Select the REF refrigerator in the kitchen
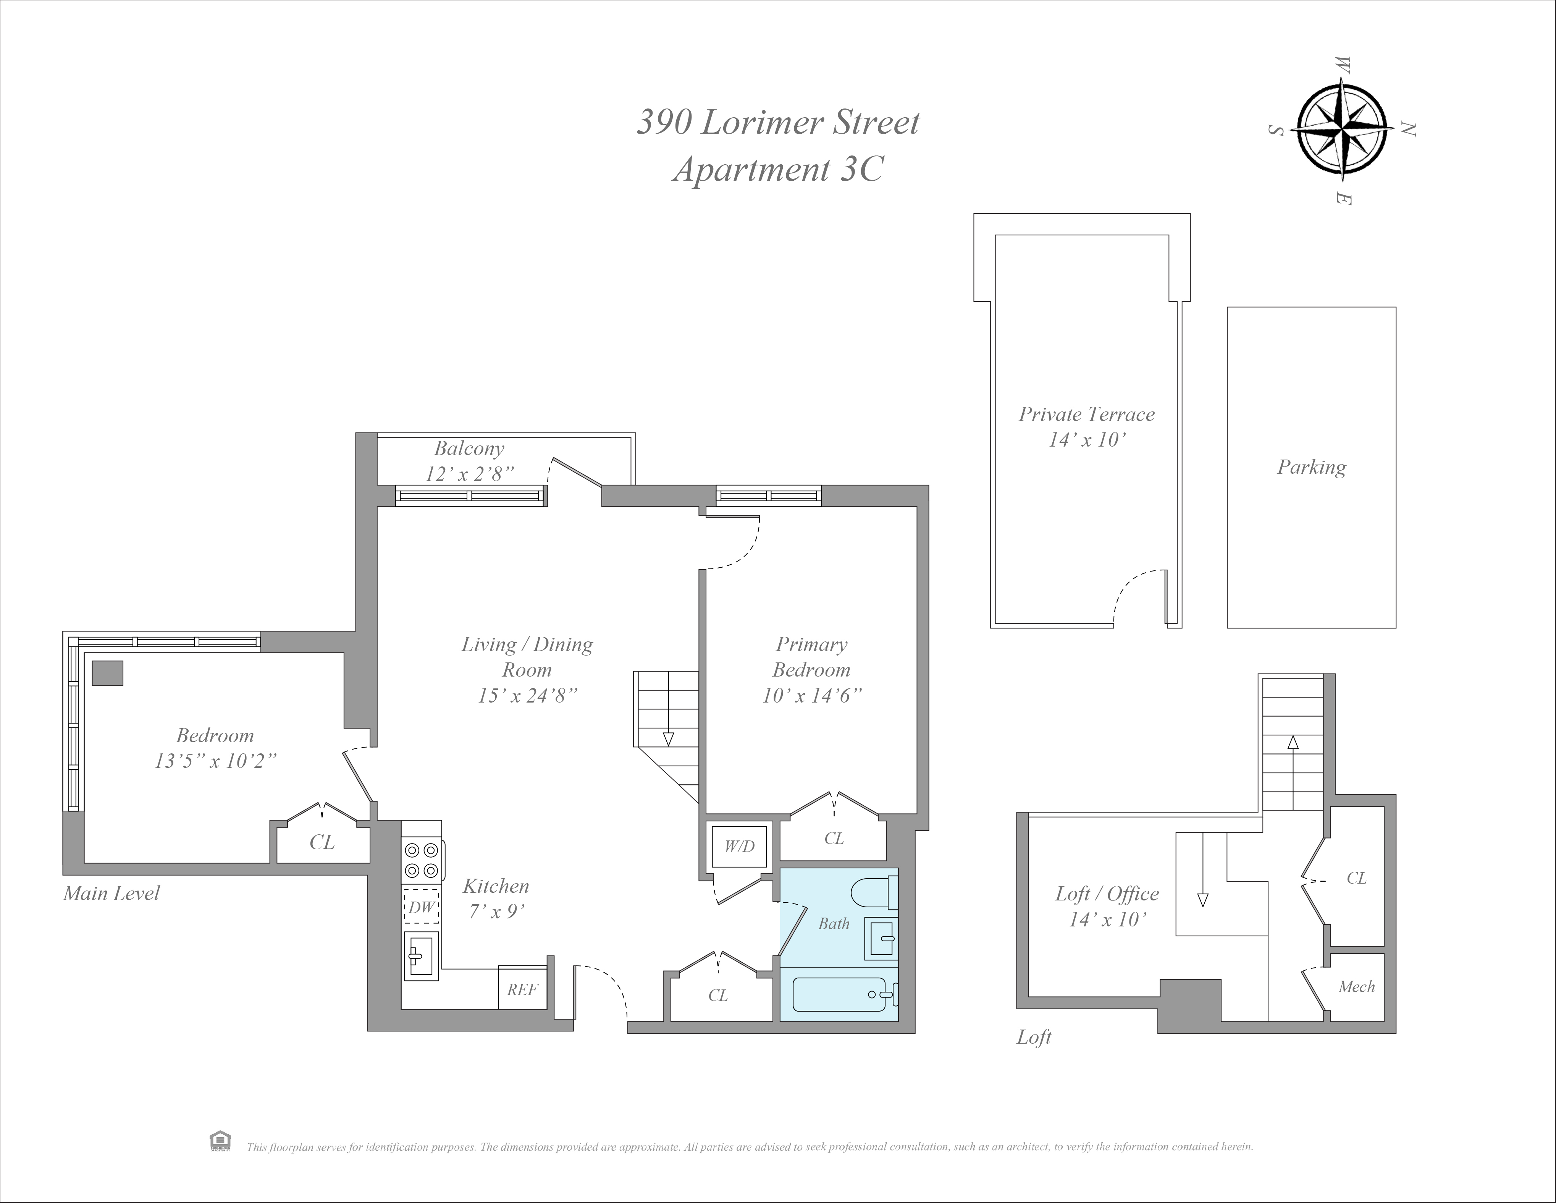[522, 989]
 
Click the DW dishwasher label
[420, 907]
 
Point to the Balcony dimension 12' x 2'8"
[470, 474]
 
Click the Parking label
[1311, 468]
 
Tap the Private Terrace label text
[1086, 414]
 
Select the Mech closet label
[1356, 987]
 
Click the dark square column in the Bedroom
[108, 673]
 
